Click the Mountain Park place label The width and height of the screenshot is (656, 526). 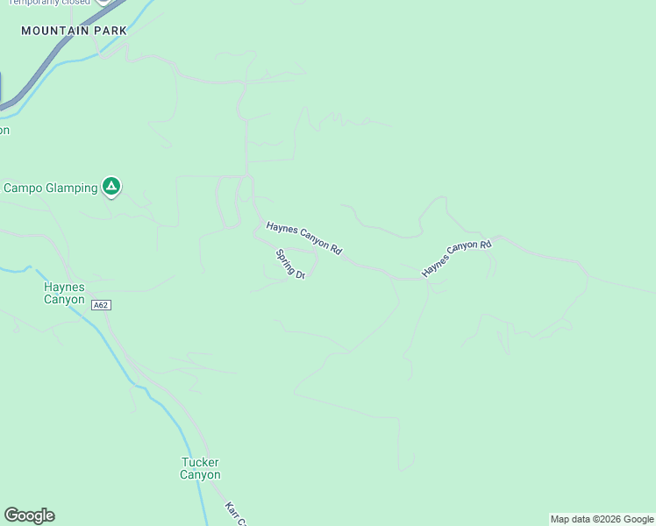click(74, 31)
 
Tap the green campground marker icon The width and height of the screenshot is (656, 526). click(111, 186)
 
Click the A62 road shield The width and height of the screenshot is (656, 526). click(101, 305)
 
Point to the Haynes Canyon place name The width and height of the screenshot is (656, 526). click(65, 293)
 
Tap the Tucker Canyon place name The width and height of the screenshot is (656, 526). click(200, 468)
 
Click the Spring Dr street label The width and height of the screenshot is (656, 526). click(290, 265)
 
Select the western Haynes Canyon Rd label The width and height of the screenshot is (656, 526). click(303, 238)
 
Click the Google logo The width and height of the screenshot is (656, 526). click(29, 515)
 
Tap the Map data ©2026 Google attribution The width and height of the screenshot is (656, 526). click(603, 519)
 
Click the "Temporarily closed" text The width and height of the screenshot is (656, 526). click(49, 3)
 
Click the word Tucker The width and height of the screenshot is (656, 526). click(200, 462)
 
